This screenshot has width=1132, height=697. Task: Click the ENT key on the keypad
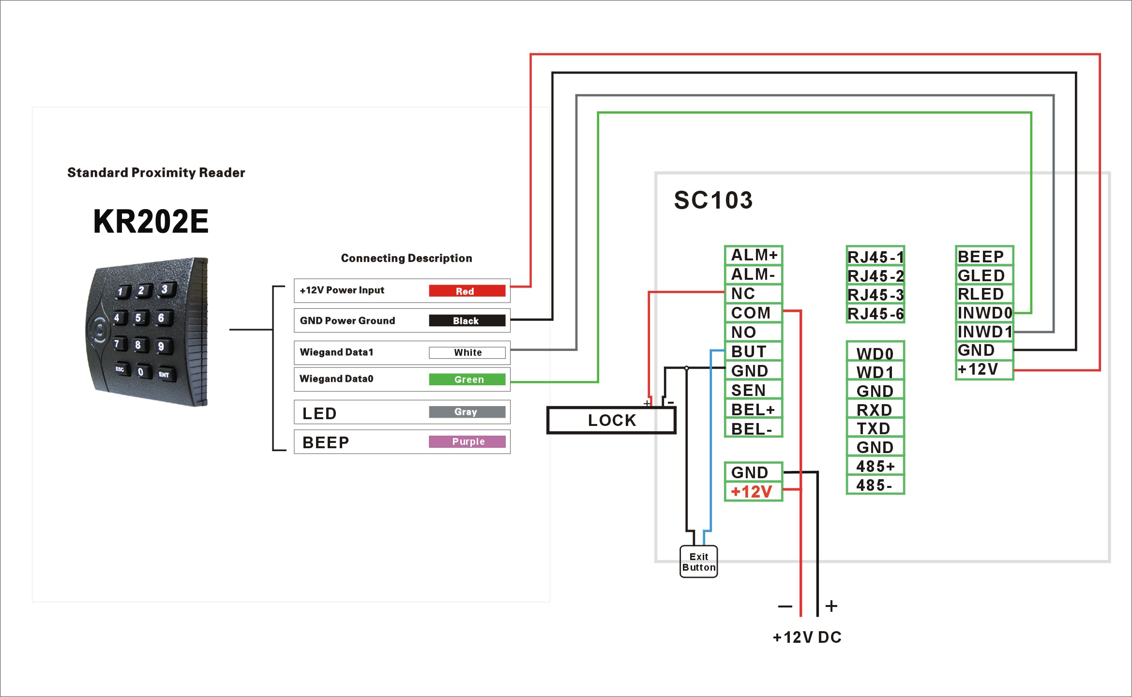point(164,374)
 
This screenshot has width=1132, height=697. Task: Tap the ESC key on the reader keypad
point(120,369)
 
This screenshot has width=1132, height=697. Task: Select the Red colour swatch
point(467,291)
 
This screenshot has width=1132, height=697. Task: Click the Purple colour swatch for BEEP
point(467,441)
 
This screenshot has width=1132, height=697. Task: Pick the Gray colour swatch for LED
point(467,412)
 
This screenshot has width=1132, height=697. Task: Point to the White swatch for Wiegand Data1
point(467,352)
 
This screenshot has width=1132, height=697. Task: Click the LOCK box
point(611,420)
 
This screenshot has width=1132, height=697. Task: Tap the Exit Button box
point(698,562)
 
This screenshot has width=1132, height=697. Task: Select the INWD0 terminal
point(984,313)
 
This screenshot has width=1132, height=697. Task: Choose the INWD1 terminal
point(984,332)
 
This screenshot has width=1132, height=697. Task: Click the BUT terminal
point(753,351)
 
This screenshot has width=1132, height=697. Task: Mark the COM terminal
point(753,313)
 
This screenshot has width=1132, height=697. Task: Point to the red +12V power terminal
point(753,492)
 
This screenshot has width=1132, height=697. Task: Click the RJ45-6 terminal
point(875,314)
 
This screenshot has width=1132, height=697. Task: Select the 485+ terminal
point(875,466)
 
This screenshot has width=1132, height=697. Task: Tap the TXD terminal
point(875,428)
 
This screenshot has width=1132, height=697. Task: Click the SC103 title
point(713,200)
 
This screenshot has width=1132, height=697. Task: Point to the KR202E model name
point(151,222)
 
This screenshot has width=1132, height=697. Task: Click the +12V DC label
point(807,637)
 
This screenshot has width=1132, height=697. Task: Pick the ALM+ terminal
point(753,255)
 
